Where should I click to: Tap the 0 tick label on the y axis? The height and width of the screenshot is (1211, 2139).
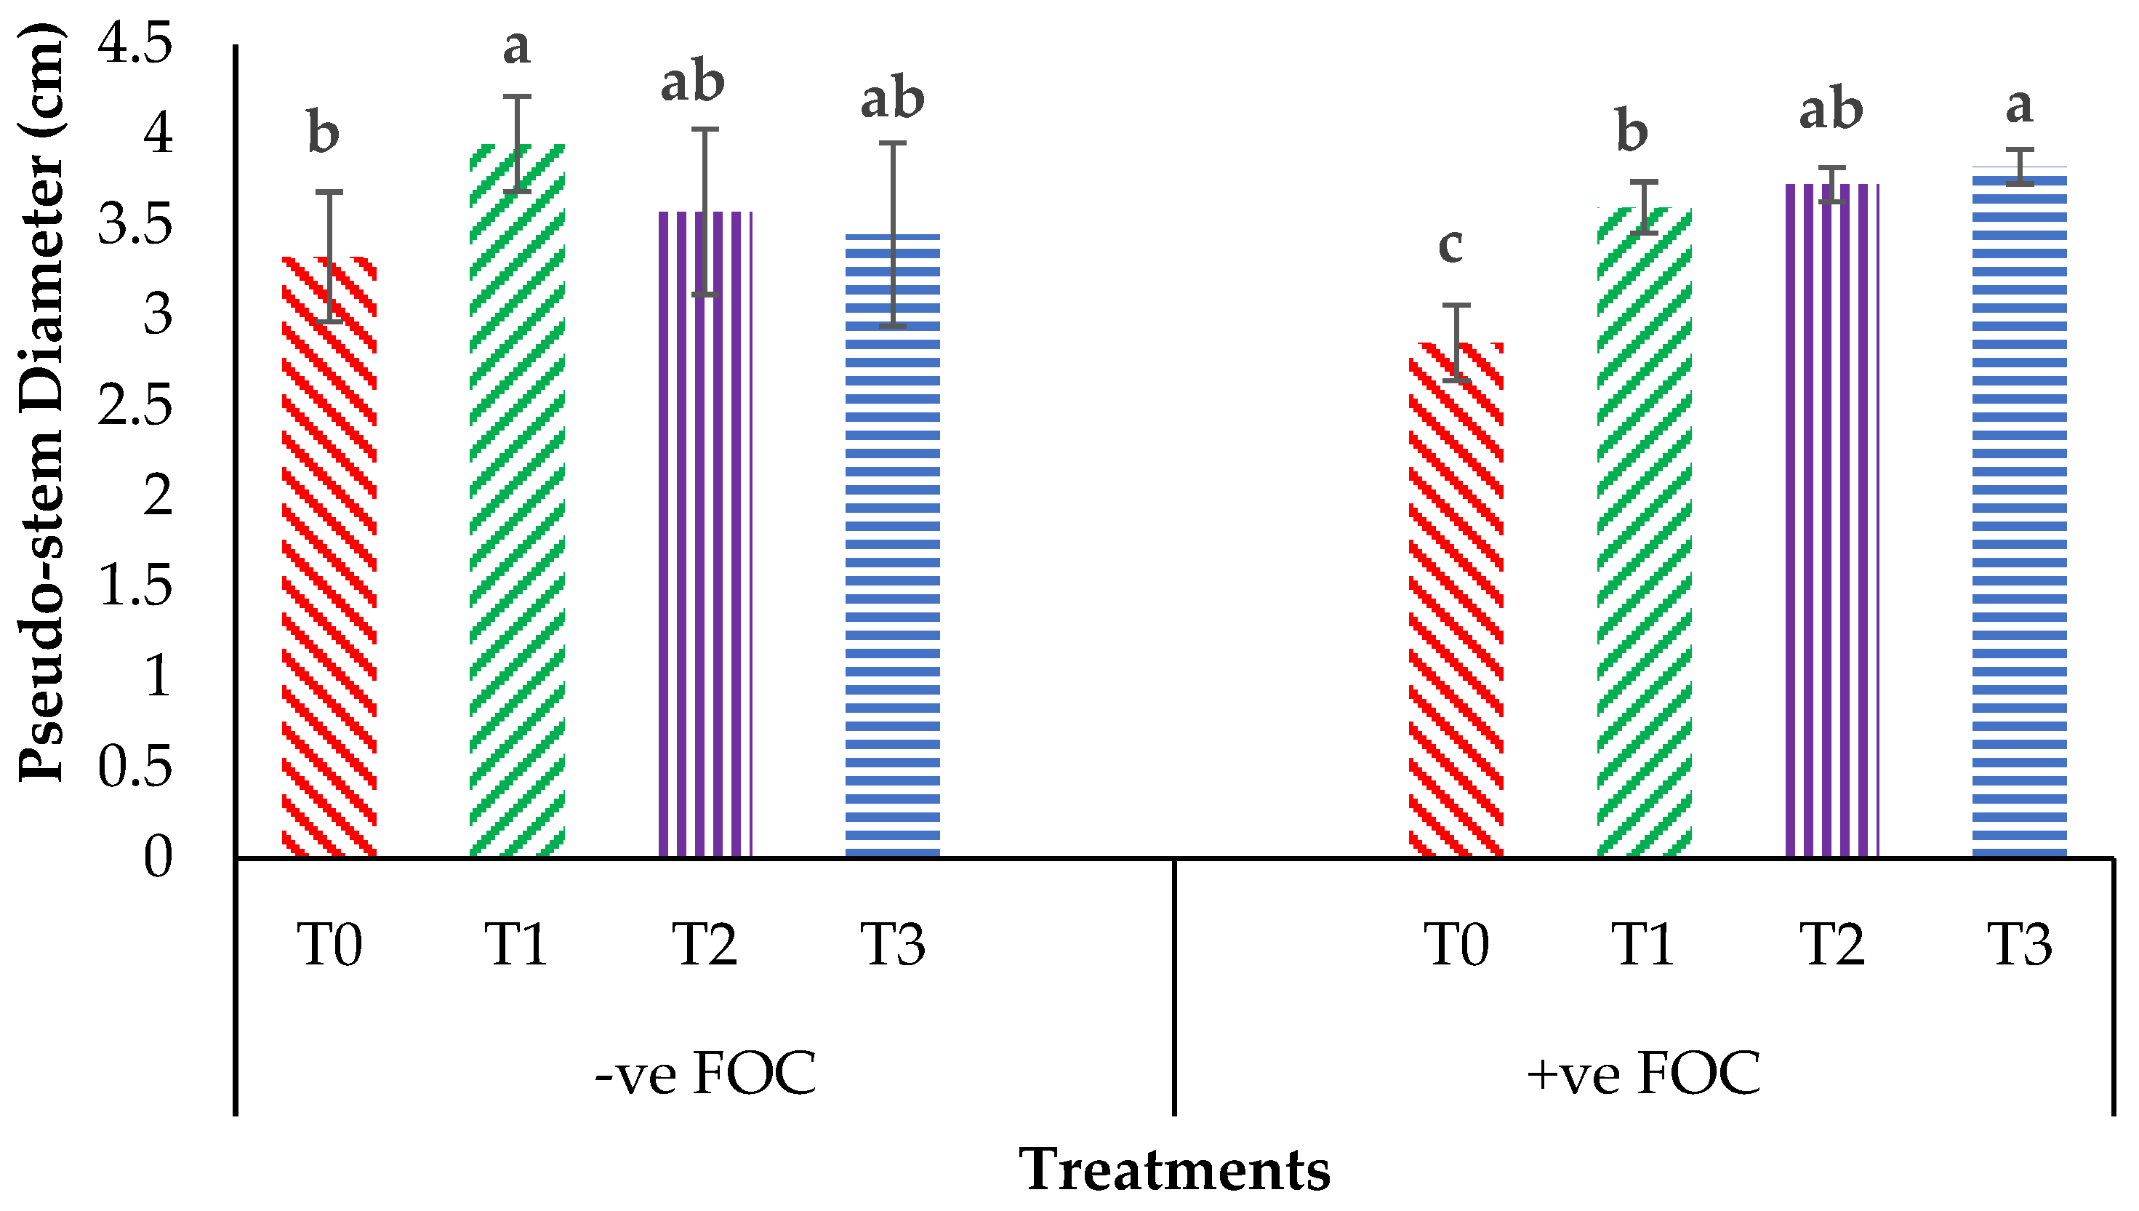click(158, 857)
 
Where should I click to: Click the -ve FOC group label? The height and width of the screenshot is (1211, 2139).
click(705, 1074)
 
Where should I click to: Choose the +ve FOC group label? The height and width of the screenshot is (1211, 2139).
click(1644, 1074)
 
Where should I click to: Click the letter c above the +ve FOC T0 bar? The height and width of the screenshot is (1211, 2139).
click(1450, 244)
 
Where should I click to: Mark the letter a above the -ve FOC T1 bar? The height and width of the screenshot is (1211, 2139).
click(516, 47)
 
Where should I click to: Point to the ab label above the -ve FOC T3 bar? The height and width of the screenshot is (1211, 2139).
click(892, 100)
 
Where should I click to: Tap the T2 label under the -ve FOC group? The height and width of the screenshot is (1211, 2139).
click(705, 945)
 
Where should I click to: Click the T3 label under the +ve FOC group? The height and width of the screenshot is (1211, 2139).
click(2019, 945)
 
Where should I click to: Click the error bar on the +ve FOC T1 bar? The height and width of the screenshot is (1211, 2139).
click(1644, 207)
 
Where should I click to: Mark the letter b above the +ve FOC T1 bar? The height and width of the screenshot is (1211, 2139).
click(1632, 132)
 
